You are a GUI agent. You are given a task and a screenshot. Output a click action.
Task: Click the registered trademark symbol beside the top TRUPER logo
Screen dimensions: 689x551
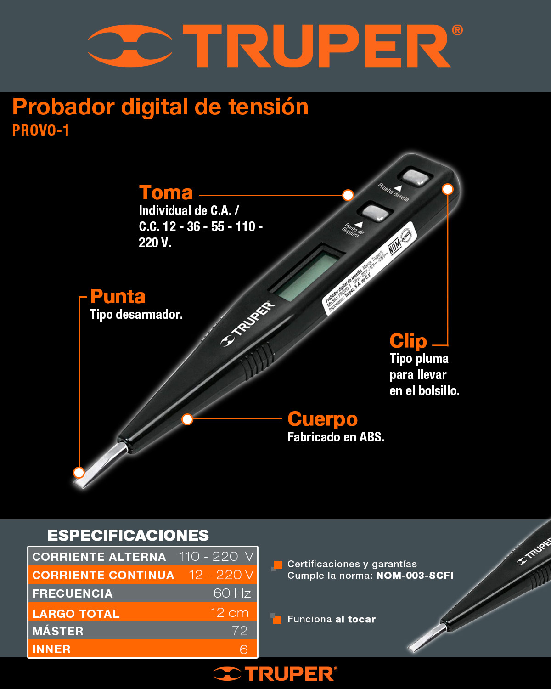click(x=457, y=30)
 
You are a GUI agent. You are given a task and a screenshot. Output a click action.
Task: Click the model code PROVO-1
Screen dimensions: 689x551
click(x=40, y=130)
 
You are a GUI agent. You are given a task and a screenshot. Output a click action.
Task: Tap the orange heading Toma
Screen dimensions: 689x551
click(x=166, y=192)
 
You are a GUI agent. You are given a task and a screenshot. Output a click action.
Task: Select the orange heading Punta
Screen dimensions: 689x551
click(x=118, y=296)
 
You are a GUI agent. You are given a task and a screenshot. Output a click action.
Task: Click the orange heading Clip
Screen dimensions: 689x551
click(x=408, y=341)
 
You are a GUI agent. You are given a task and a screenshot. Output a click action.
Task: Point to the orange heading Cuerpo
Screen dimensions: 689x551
click(x=322, y=419)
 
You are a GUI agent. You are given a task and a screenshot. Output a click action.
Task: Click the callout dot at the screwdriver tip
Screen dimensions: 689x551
click(x=79, y=472)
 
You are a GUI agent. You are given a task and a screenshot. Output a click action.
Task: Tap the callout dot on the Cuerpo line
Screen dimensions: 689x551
click(x=187, y=419)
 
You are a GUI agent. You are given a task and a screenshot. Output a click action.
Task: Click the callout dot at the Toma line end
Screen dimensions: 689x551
click(x=348, y=195)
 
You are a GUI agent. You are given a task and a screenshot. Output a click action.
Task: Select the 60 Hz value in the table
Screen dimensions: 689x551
click(x=232, y=593)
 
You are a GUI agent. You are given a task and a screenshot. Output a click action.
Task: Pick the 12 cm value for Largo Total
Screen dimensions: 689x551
click(x=229, y=612)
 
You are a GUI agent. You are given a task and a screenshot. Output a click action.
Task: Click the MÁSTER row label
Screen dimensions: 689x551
click(x=58, y=631)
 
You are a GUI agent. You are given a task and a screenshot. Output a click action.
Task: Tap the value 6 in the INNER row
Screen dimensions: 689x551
click(x=243, y=649)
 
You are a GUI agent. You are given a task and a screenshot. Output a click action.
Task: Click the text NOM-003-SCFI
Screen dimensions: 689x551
click(x=415, y=576)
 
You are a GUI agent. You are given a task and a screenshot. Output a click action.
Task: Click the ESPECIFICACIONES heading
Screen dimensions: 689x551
click(x=128, y=536)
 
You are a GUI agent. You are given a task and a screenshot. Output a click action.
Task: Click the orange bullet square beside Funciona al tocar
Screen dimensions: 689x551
click(x=277, y=619)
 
